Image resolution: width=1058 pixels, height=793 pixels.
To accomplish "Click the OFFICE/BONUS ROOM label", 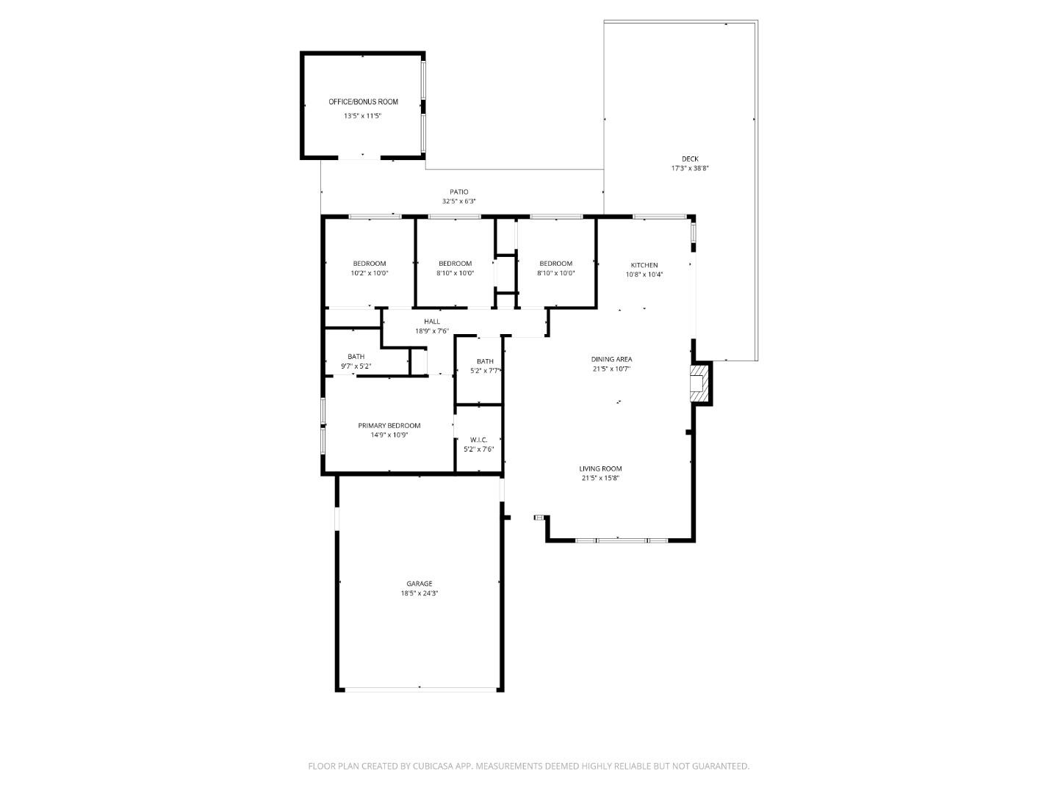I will coord(363,102).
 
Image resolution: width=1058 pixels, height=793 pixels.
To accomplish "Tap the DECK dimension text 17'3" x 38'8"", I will coord(689,168).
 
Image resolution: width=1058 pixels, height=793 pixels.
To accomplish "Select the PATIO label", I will coord(458,192).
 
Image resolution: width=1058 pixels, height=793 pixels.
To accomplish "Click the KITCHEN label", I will coord(644,265).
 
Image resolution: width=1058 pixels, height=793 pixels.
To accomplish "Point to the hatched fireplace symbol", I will coord(700,384).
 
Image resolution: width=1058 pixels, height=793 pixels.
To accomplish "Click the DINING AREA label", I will coord(611,359).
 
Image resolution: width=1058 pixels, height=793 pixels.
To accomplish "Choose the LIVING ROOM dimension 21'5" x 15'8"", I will coord(600,478).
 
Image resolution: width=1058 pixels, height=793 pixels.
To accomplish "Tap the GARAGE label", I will coord(420,584).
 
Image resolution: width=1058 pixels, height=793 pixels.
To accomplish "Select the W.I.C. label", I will coord(478,440).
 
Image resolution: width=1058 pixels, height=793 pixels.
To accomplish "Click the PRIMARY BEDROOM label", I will coord(389,425).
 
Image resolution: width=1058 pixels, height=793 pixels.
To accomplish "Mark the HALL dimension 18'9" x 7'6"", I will coord(431,331).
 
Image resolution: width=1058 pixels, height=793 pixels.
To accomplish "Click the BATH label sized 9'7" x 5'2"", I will coord(356,357).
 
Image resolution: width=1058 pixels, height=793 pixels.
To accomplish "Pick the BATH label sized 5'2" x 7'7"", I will coord(485,361).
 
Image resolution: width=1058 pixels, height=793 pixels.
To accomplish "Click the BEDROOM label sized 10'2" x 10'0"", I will coord(369,264).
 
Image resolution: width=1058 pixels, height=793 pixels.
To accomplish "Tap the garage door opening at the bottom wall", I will coord(420,689).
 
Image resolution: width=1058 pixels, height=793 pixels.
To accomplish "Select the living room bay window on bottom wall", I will coord(621,540).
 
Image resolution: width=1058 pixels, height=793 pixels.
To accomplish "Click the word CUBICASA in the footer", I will coord(427,766).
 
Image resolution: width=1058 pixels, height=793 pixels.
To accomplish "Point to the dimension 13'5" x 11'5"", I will coord(363,116).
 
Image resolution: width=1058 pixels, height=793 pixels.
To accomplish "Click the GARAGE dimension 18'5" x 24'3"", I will coord(420,593).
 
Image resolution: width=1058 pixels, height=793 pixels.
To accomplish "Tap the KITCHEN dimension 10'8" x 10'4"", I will coord(644,275).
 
